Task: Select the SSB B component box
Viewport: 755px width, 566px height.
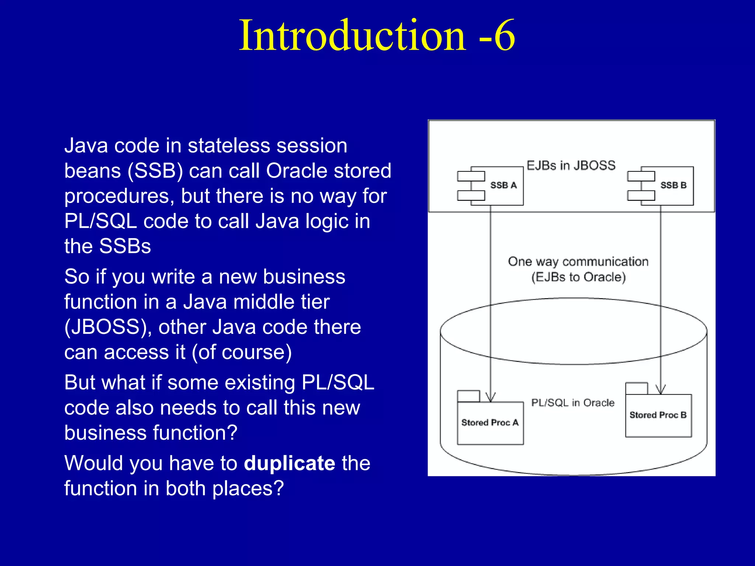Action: point(667,186)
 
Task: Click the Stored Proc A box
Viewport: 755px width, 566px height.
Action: point(490,423)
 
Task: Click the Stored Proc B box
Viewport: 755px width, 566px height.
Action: point(658,415)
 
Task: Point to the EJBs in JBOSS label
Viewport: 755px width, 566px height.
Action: point(571,165)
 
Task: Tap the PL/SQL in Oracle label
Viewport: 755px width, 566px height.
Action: point(573,402)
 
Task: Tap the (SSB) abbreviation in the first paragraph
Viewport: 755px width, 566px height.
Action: point(155,171)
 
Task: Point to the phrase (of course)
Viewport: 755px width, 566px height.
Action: point(242,352)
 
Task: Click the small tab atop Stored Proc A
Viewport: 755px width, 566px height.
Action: point(468,396)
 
